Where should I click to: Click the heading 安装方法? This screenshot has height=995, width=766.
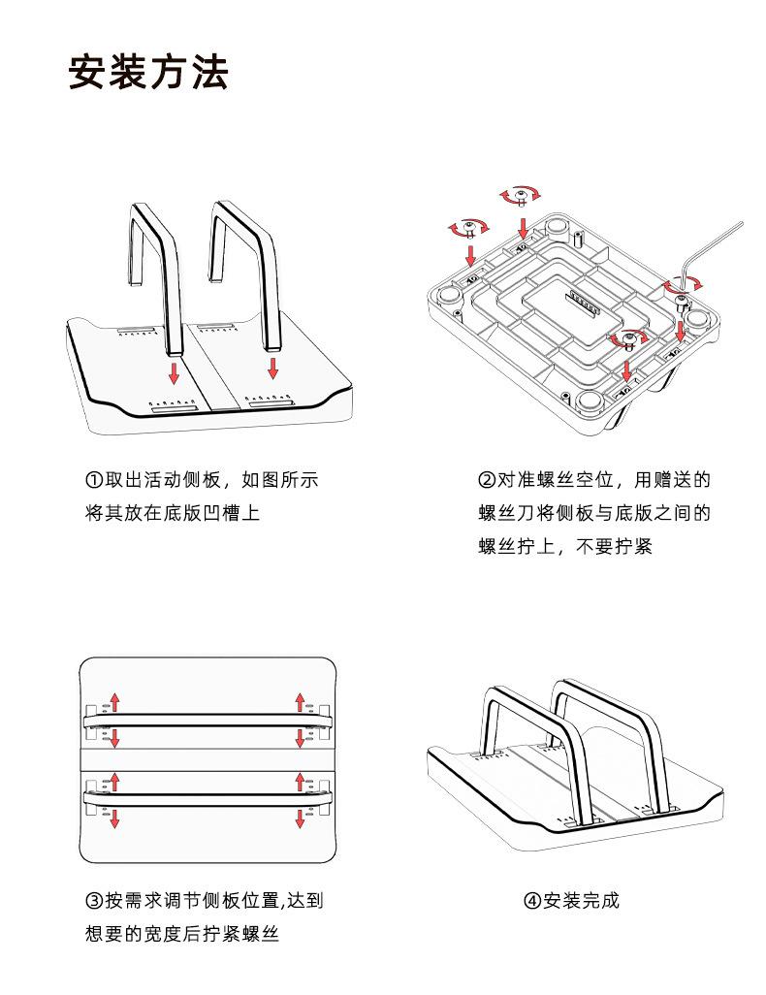(148, 74)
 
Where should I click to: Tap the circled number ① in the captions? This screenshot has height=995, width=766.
(94, 480)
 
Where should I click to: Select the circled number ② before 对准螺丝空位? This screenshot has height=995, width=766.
(487, 480)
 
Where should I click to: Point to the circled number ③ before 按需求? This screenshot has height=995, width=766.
(94, 901)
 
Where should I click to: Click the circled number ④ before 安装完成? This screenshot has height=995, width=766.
(532, 901)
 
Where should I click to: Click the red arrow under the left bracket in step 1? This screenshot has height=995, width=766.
(174, 373)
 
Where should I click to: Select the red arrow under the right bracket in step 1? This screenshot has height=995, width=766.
(273, 369)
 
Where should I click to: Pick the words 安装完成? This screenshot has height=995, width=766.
(581, 901)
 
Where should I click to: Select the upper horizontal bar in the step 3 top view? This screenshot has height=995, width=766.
(206, 719)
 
